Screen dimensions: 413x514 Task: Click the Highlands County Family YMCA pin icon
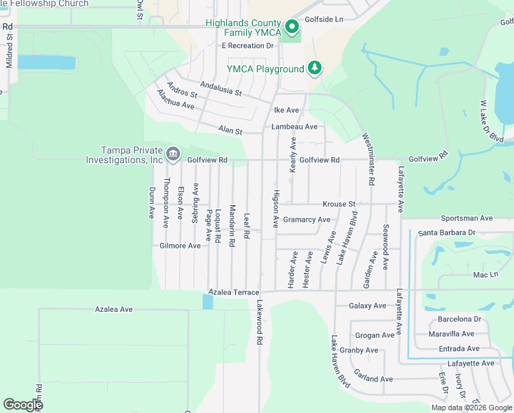point(291,28)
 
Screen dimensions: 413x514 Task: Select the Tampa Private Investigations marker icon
point(172,153)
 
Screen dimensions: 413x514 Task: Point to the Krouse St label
point(339,204)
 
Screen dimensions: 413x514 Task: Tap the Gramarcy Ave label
point(306,220)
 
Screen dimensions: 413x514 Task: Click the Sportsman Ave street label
point(467,218)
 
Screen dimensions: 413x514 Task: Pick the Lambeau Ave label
point(294,127)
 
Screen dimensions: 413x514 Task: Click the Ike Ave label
point(287,110)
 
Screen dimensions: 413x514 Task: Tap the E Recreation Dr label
point(247,45)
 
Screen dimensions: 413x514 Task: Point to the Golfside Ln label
point(324,20)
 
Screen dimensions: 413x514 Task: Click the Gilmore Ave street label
point(180,246)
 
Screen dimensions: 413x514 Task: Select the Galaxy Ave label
point(368,306)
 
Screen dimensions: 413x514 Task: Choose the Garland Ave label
point(373,379)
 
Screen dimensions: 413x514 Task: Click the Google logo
point(23,405)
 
